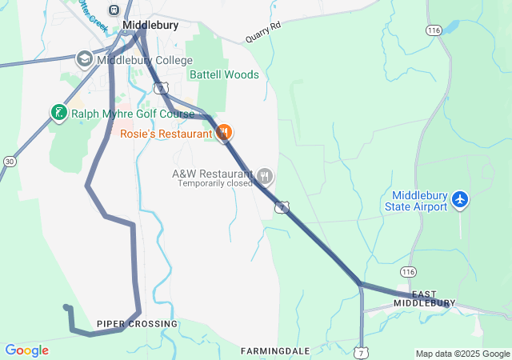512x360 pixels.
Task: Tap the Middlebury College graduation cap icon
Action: tap(84, 60)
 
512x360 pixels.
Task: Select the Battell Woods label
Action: tap(224, 74)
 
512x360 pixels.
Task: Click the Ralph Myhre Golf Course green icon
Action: tap(58, 113)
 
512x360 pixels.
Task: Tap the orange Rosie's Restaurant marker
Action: tap(224, 132)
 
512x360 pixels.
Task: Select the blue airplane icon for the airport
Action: tap(460, 198)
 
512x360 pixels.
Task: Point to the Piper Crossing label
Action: tap(137, 323)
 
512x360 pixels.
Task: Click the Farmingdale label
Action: tap(274, 350)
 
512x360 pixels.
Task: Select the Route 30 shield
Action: tap(10, 162)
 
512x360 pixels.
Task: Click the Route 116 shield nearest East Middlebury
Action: tap(409, 272)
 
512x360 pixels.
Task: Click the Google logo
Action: tap(26, 350)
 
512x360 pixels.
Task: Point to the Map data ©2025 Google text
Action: tap(462, 354)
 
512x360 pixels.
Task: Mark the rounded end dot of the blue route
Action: tap(66, 306)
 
